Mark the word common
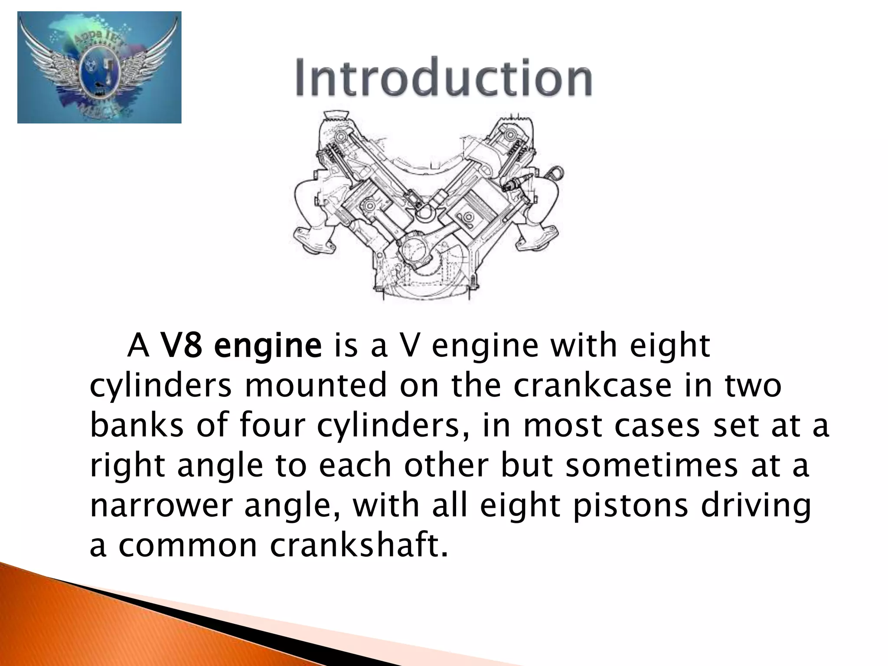[x=188, y=545]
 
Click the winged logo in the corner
[x=99, y=67]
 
